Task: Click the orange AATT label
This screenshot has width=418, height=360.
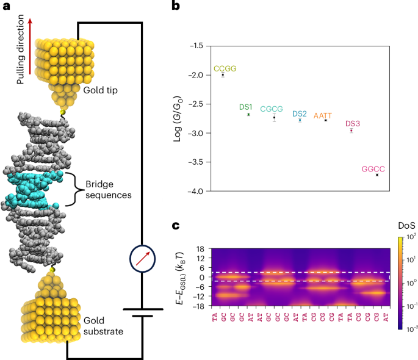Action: (325, 115)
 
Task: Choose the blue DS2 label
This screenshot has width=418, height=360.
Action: (300, 113)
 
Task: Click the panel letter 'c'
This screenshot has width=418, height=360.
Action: (176, 226)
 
